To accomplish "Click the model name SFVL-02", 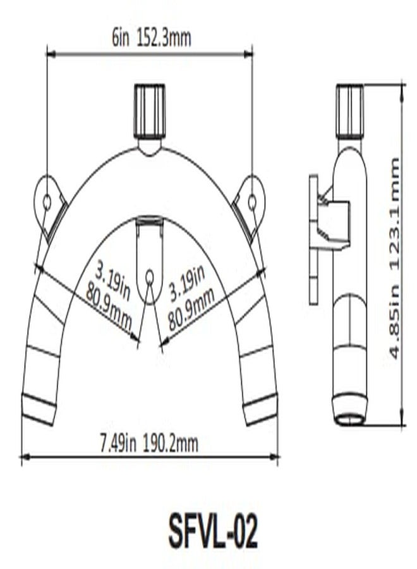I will click(x=213, y=532).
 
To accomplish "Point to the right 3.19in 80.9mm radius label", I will click(x=189, y=292).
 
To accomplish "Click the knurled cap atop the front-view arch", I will click(x=150, y=111).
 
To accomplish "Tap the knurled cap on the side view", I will click(x=349, y=111).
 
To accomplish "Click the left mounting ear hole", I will click(x=47, y=202).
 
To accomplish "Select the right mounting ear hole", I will click(x=252, y=202).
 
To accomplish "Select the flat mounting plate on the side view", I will click(x=313, y=240).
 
